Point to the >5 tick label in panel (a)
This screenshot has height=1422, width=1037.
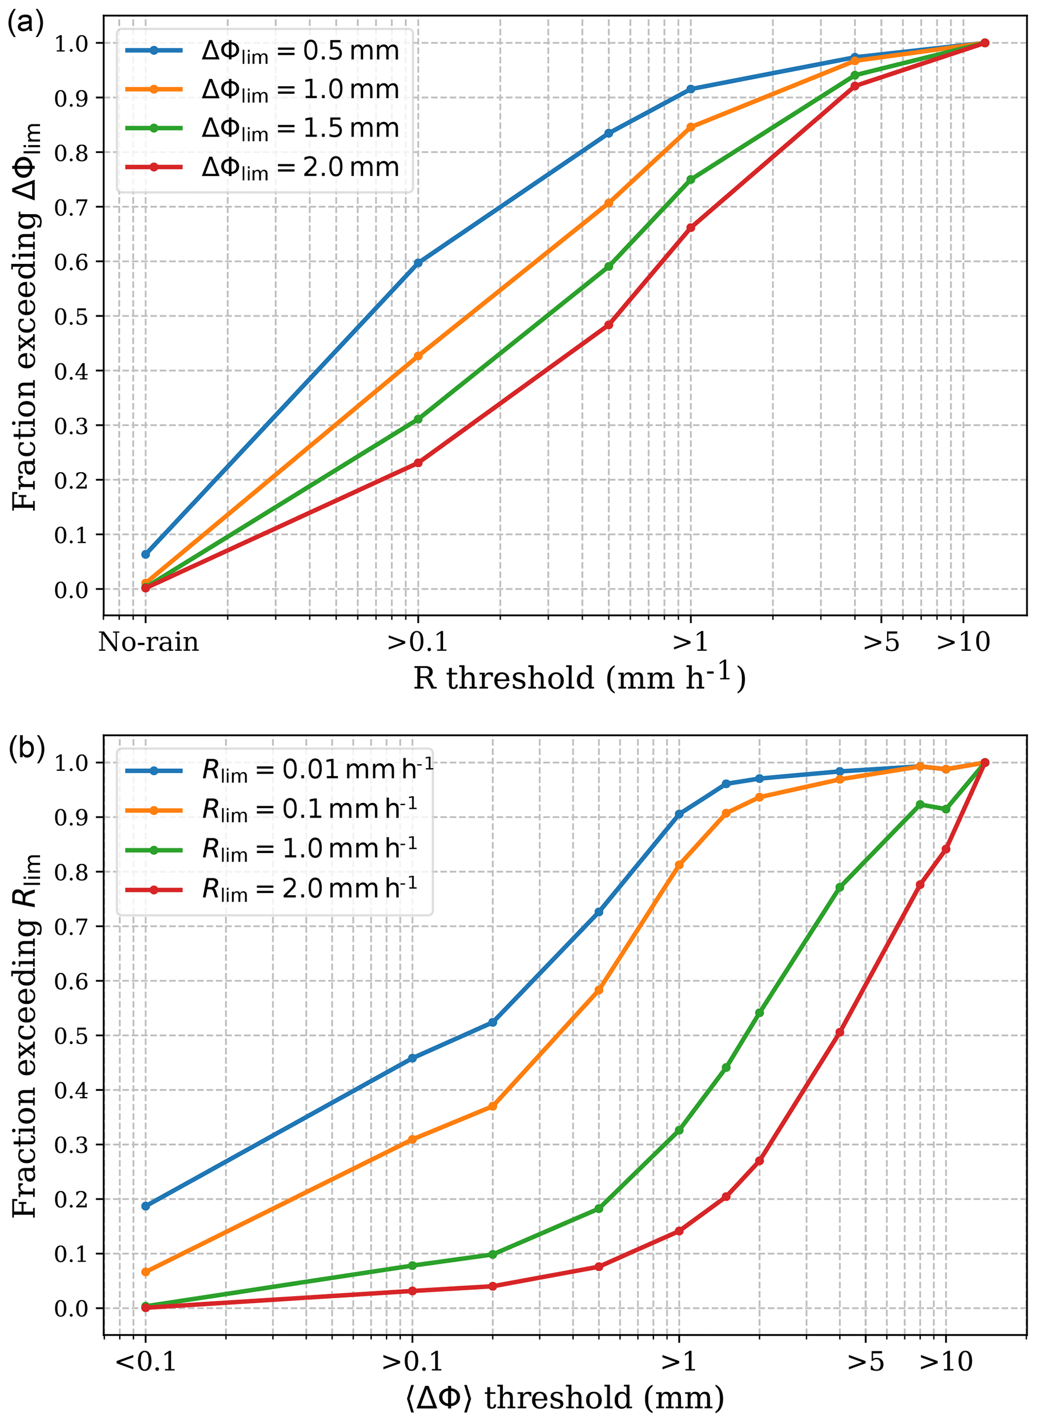881,642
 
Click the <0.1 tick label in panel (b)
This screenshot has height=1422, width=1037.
145,1361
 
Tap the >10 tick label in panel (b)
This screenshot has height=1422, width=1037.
946,1361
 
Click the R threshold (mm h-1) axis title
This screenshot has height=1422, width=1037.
579,678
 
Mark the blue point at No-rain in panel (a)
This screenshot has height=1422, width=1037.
145,554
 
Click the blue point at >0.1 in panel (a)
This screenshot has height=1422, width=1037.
418,262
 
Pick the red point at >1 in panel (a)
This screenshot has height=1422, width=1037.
690,228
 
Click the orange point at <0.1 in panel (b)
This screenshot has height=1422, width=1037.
145,1272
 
